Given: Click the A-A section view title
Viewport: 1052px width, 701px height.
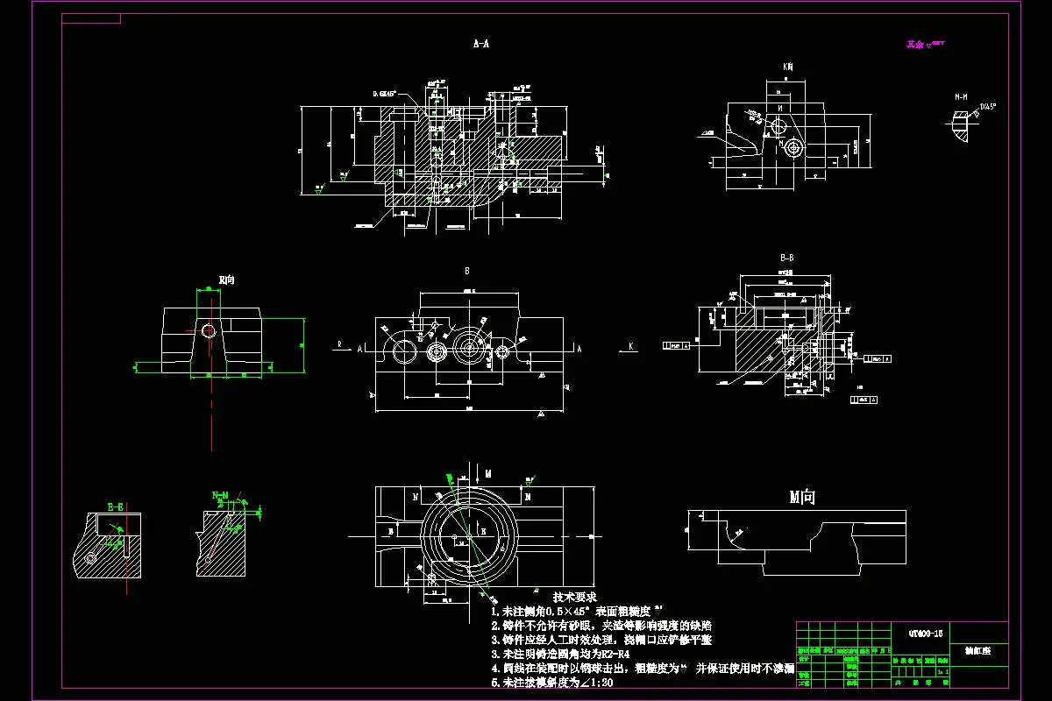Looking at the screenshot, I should pyautogui.click(x=480, y=42).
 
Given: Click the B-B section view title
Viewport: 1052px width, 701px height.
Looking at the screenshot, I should pyautogui.click(x=786, y=258).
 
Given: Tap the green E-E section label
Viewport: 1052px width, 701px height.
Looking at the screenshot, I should pyautogui.click(x=115, y=506).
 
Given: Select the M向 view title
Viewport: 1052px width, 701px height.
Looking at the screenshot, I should pyautogui.click(x=802, y=498).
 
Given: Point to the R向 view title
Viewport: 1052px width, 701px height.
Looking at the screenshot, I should pyautogui.click(x=226, y=280).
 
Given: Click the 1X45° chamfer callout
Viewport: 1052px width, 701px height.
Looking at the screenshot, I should pyautogui.click(x=987, y=106).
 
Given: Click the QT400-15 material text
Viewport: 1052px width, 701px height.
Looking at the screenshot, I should pyautogui.click(x=926, y=633).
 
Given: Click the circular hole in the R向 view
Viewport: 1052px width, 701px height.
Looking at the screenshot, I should pyautogui.click(x=209, y=330).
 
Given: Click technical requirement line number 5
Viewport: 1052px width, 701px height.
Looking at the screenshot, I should pyautogui.click(x=495, y=682).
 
